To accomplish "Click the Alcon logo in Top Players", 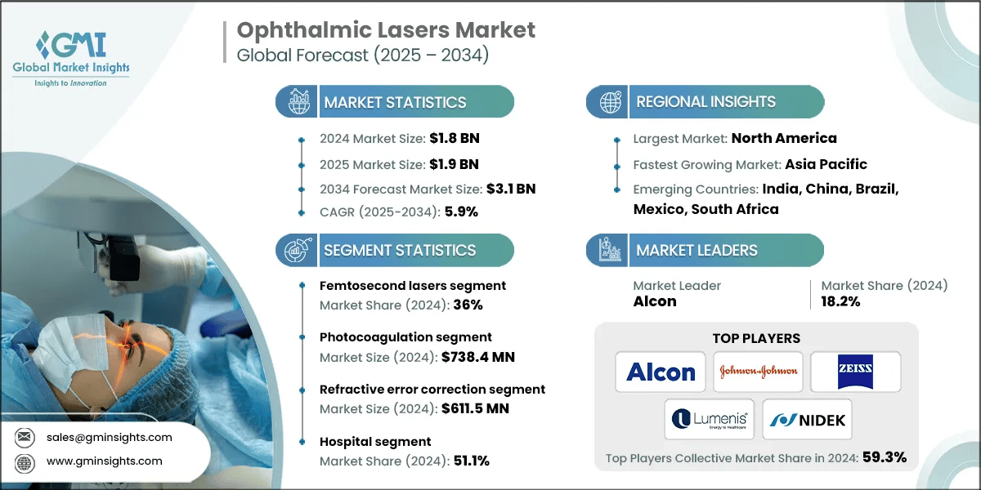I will [x=661, y=372].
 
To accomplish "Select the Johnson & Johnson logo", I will [x=758, y=372].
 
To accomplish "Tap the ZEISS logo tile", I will [x=855, y=372].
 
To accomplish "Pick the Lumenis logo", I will [x=708, y=420].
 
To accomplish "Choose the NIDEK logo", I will [x=806, y=420].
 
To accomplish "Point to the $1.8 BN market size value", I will [x=457, y=138].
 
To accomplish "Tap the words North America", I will [x=783, y=138].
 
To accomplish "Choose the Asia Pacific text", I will [x=826, y=164].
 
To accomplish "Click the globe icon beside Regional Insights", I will [x=610, y=102].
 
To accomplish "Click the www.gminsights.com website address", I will [x=105, y=461].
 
